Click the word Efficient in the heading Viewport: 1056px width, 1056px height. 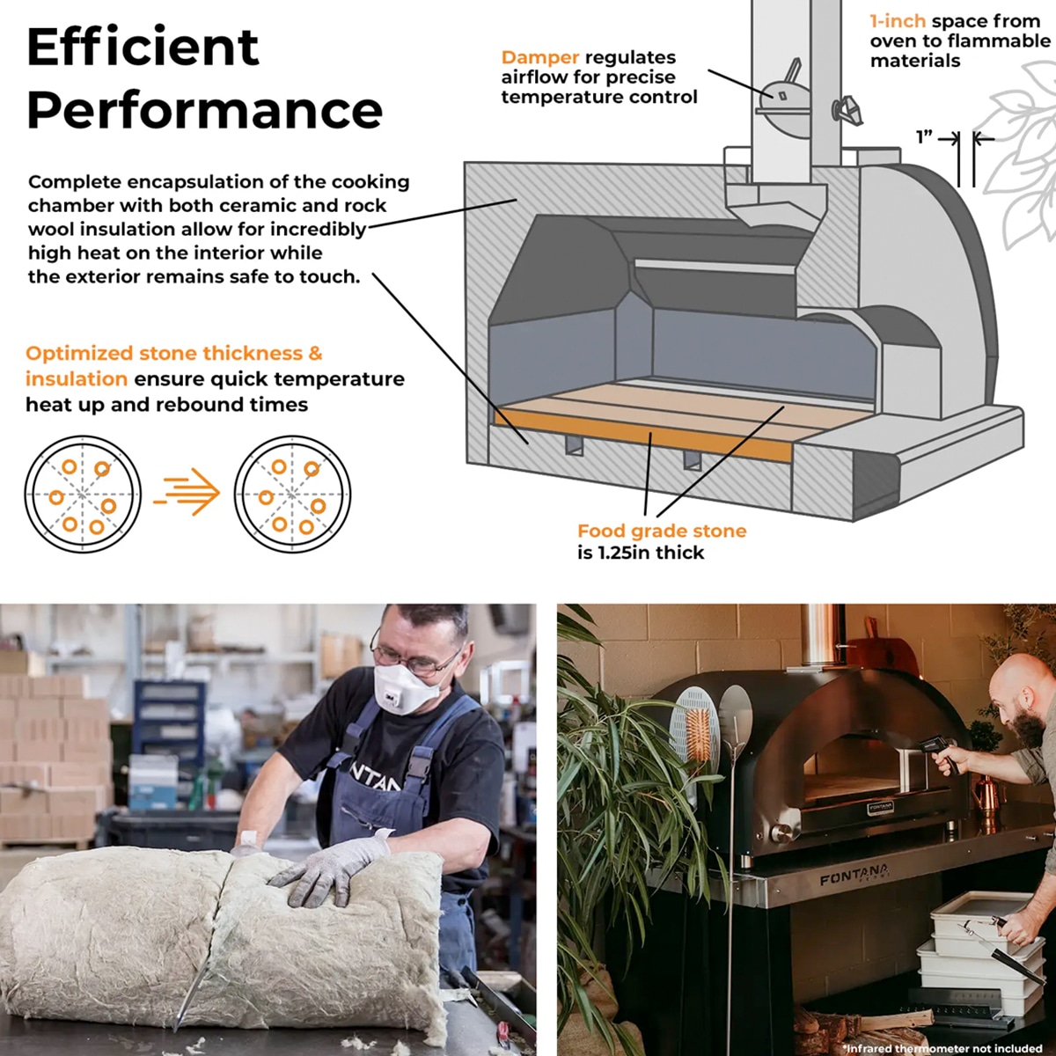pyautogui.click(x=143, y=48)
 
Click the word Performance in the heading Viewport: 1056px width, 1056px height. pyautogui.click(x=204, y=111)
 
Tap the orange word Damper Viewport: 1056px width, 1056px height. pyautogui.click(x=539, y=57)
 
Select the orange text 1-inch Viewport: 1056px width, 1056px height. pyautogui.click(x=898, y=21)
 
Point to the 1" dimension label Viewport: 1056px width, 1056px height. pyautogui.click(x=925, y=137)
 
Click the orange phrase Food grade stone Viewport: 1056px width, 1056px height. pyautogui.click(x=662, y=531)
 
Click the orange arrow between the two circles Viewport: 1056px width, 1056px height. pyautogui.click(x=187, y=491)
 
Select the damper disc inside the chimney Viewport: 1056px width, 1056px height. pyautogui.click(x=784, y=98)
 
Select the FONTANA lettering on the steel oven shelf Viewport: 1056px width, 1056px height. pyautogui.click(x=854, y=874)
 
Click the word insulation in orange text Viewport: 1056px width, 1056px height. pyautogui.click(x=77, y=378)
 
